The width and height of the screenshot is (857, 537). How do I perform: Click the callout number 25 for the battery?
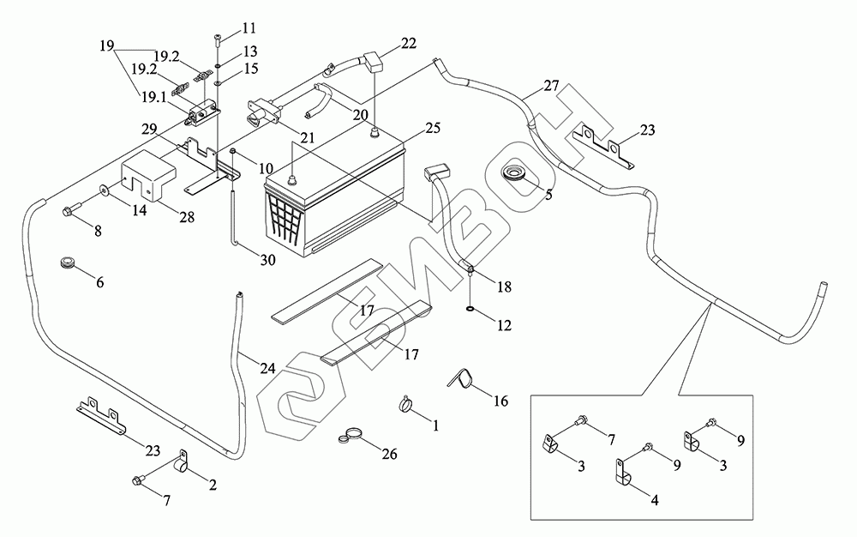(432, 128)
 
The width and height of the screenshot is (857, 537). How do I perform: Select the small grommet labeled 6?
(68, 262)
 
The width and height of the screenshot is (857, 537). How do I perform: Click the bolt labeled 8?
(72, 209)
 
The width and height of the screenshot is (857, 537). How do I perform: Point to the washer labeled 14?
(103, 190)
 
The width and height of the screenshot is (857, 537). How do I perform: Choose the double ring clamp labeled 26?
(351, 435)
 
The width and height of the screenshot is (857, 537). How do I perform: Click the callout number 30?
(267, 260)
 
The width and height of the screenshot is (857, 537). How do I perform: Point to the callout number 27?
(551, 86)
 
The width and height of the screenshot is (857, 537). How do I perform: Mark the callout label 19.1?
(154, 97)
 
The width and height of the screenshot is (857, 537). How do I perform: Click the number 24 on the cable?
(267, 368)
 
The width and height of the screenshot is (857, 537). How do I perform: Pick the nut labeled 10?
(232, 150)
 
